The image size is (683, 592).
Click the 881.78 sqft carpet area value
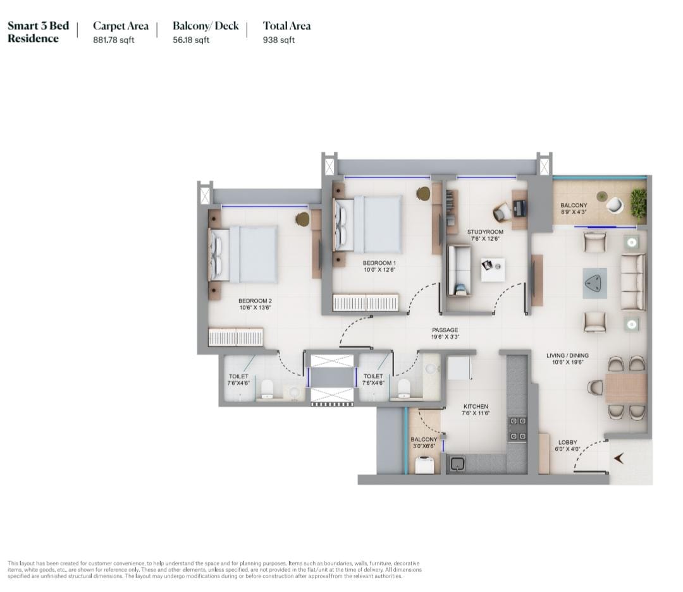pyautogui.click(x=113, y=40)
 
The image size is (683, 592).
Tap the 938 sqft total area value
pyautogui.click(x=279, y=40)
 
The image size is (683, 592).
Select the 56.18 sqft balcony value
pyautogui.click(x=191, y=40)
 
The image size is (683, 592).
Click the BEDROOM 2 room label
pyautogui.click(x=255, y=301)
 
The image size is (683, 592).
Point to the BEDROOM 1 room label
pyautogui.click(x=379, y=263)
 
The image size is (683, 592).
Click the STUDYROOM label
pyautogui.click(x=485, y=232)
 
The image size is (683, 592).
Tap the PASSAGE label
pyautogui.click(x=445, y=330)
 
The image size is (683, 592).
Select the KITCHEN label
pyautogui.click(x=476, y=406)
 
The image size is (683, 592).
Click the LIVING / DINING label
pyautogui.click(x=567, y=355)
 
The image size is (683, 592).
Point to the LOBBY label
pyautogui.click(x=567, y=442)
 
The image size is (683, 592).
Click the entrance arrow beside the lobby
pyautogui.click(x=619, y=458)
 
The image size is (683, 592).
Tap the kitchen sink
pyautogui.click(x=457, y=464)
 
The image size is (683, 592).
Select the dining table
pyautogui.click(x=625, y=388)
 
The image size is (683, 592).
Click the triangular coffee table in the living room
pyautogui.click(x=594, y=284)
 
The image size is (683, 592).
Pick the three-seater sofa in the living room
pyautogui.click(x=633, y=282)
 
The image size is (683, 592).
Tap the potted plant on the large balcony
pyautogui.click(x=638, y=201)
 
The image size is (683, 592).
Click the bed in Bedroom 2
pyautogui.click(x=243, y=255)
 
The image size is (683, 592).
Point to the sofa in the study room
pyautogui.click(x=459, y=271)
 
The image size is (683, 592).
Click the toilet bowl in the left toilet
pyautogui.click(x=267, y=389)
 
